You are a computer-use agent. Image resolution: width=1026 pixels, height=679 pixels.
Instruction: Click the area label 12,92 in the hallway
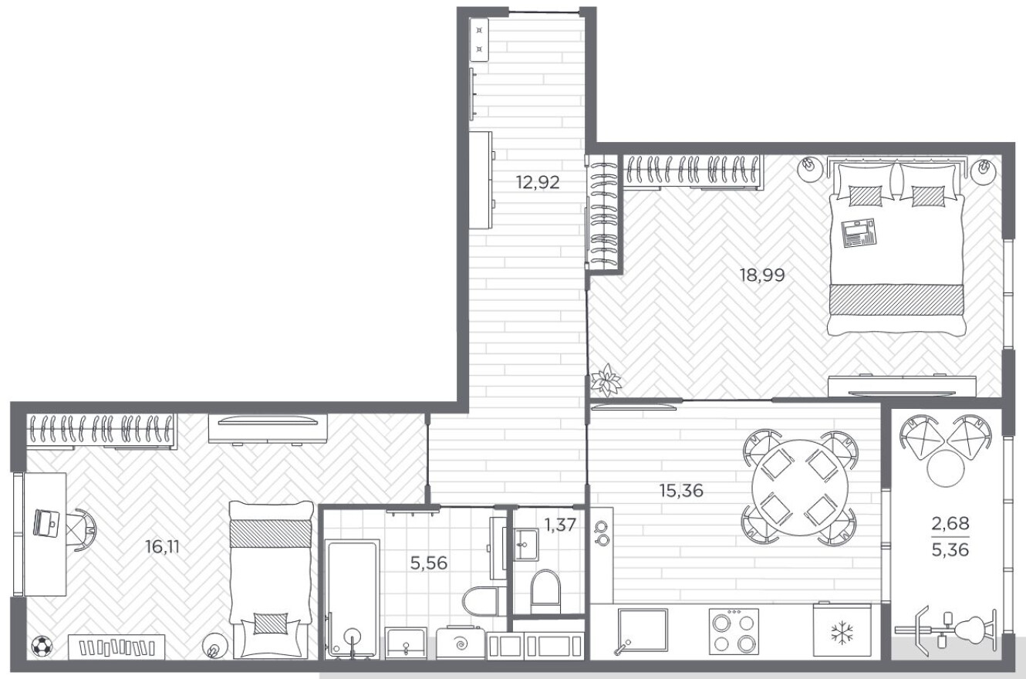[538, 183]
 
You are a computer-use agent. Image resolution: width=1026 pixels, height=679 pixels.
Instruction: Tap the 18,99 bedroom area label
[762, 275]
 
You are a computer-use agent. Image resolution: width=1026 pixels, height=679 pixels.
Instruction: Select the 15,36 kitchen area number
[681, 491]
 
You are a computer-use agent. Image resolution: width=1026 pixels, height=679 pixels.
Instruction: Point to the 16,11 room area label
[162, 546]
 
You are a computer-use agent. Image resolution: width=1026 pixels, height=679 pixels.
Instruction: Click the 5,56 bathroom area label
[429, 563]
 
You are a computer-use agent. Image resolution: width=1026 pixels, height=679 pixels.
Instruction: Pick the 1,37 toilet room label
[560, 525]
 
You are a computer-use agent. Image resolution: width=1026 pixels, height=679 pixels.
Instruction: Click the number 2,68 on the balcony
[950, 523]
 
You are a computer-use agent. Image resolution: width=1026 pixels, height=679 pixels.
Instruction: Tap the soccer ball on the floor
[42, 647]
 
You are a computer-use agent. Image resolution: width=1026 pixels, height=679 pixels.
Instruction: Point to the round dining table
[800, 488]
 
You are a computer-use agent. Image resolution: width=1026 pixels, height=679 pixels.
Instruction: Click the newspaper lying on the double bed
[858, 233]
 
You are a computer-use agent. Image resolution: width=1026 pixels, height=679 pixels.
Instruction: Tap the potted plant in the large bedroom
[606, 380]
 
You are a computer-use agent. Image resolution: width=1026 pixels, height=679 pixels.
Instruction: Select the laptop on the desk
[47, 523]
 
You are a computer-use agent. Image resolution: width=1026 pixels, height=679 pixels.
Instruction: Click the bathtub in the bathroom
[352, 599]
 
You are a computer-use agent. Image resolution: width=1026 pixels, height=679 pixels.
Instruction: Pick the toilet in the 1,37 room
[545, 592]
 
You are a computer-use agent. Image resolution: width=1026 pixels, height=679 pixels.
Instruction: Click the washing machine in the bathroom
[461, 644]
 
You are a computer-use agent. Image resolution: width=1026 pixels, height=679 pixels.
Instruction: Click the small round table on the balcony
[946, 468]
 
